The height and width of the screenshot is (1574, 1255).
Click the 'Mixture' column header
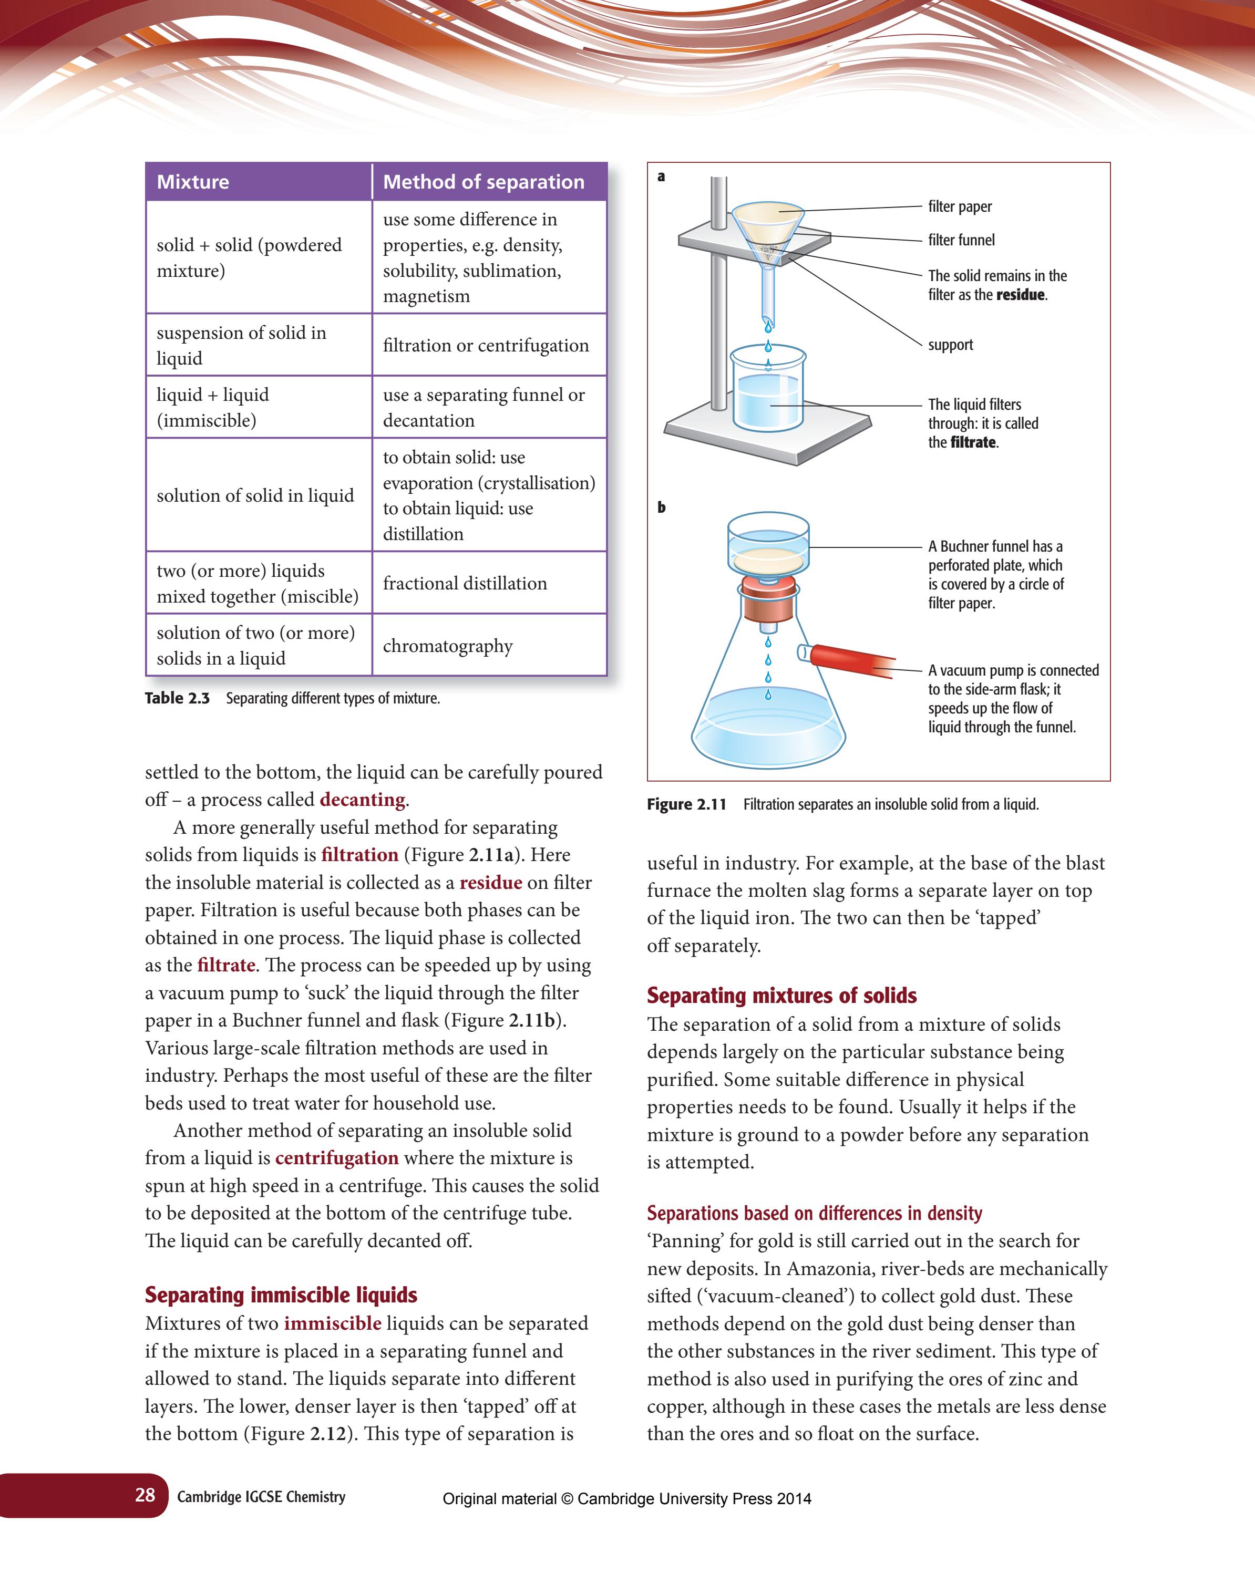coord(193,182)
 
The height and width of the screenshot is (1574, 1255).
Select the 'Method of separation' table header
coord(483,182)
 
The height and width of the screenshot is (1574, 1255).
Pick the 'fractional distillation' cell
coord(465,583)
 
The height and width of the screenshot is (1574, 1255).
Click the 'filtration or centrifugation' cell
coord(485,345)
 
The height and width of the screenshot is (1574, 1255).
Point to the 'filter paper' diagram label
coord(959,206)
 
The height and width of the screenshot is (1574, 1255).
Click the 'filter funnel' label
coord(961,240)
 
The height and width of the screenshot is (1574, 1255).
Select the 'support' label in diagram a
coord(950,345)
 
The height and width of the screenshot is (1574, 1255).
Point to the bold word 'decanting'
coord(362,800)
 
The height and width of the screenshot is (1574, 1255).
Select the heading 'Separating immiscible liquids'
coord(281,1295)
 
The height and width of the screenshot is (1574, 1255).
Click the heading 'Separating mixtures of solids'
coord(781,995)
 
